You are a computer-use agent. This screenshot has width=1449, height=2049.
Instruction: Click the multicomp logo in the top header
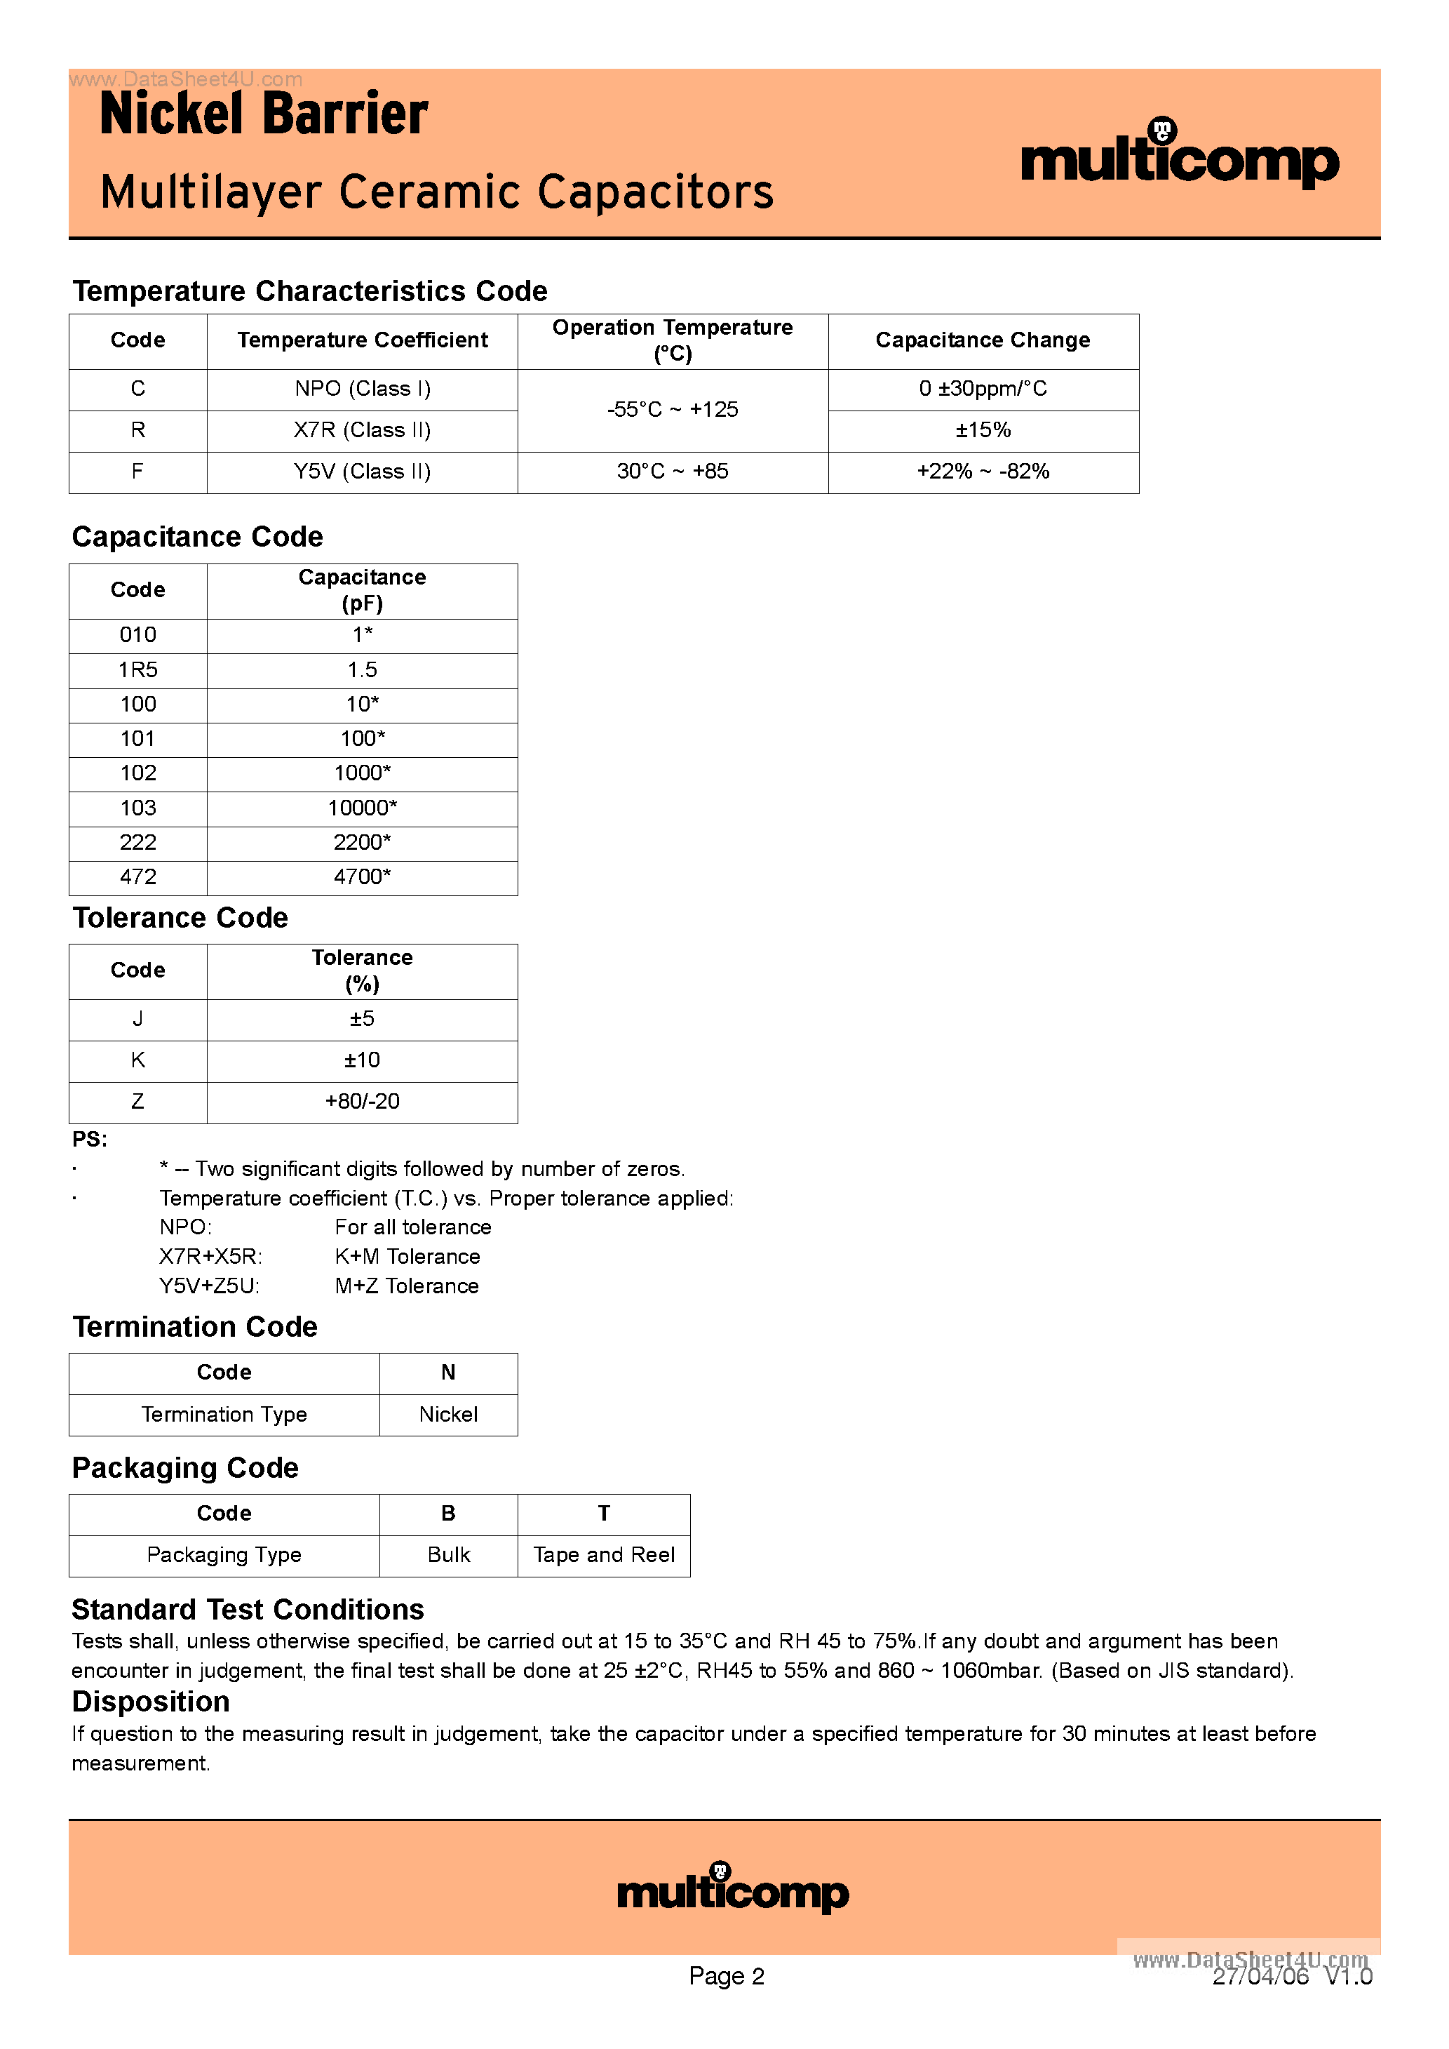1179,157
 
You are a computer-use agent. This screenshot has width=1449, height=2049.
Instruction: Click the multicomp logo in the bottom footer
732,1888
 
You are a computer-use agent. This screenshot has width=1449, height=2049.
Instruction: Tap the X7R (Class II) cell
362,430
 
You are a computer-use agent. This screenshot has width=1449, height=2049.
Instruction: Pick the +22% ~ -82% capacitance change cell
983,471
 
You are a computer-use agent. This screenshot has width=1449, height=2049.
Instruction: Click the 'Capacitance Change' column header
983,340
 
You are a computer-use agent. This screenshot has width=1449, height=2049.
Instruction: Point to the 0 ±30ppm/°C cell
983,388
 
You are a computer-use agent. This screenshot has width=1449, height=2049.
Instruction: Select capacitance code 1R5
137,669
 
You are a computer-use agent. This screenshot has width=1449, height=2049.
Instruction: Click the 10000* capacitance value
362,808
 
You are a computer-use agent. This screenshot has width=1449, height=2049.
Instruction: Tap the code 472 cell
137,876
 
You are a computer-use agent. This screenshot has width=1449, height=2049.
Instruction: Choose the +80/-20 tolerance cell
362,1101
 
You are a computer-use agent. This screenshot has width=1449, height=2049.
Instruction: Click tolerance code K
137,1060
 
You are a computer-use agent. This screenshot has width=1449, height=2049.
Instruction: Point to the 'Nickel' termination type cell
448,1415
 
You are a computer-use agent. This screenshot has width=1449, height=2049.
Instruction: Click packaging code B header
448,1514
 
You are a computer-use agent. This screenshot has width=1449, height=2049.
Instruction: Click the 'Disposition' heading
151,1702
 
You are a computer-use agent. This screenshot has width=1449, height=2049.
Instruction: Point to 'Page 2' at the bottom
727,1976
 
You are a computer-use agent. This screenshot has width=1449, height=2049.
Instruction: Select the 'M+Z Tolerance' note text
407,1286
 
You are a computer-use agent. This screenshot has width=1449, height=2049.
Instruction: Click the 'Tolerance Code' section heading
180,919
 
